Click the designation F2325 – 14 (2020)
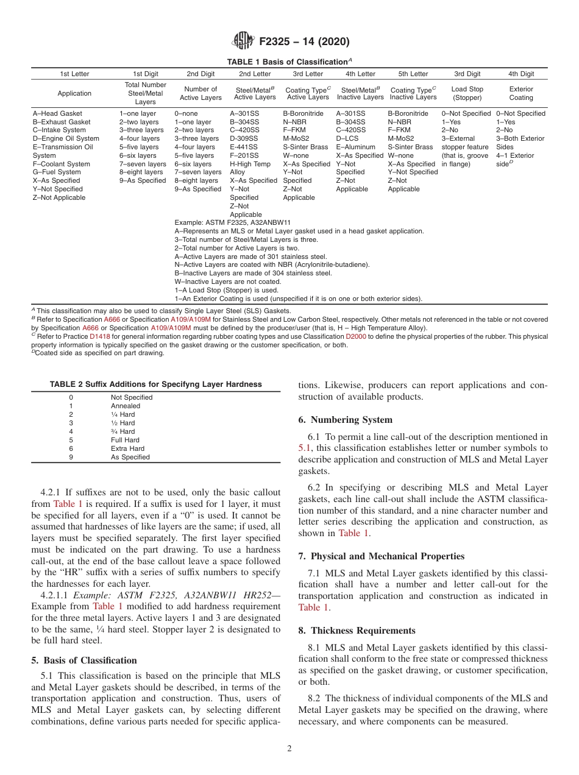(x=304, y=42)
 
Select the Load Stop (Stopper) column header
(x=467, y=93)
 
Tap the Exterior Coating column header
(x=520, y=93)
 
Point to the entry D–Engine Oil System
(x=66, y=138)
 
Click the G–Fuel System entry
(x=57, y=172)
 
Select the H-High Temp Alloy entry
(x=250, y=168)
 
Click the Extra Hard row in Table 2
(x=127, y=448)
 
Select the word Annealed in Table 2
(x=125, y=406)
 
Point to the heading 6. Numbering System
(x=346, y=420)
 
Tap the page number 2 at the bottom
(x=289, y=749)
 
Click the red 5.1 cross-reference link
(x=305, y=448)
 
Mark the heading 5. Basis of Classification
(x=83, y=660)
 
